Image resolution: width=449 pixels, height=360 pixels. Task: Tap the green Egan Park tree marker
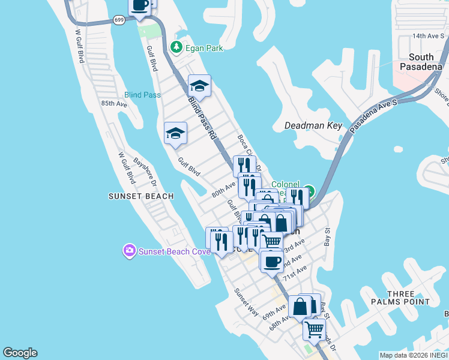click(176, 46)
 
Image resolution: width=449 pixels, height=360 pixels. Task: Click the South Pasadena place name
click(425, 62)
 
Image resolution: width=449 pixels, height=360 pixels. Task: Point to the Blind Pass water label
click(142, 95)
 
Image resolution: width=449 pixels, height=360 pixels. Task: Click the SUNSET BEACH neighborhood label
click(141, 196)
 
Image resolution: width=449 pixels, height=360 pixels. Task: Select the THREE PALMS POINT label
click(401, 298)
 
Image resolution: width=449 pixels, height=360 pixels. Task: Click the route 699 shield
click(119, 20)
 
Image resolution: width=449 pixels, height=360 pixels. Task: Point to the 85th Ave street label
click(115, 103)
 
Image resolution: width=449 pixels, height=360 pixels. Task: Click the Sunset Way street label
click(246, 303)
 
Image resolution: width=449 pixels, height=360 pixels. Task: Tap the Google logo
click(20, 353)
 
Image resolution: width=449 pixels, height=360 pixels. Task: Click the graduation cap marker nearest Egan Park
click(199, 85)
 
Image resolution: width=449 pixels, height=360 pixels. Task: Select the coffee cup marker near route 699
click(140, 6)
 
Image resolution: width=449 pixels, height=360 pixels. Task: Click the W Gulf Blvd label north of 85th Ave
click(79, 46)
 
